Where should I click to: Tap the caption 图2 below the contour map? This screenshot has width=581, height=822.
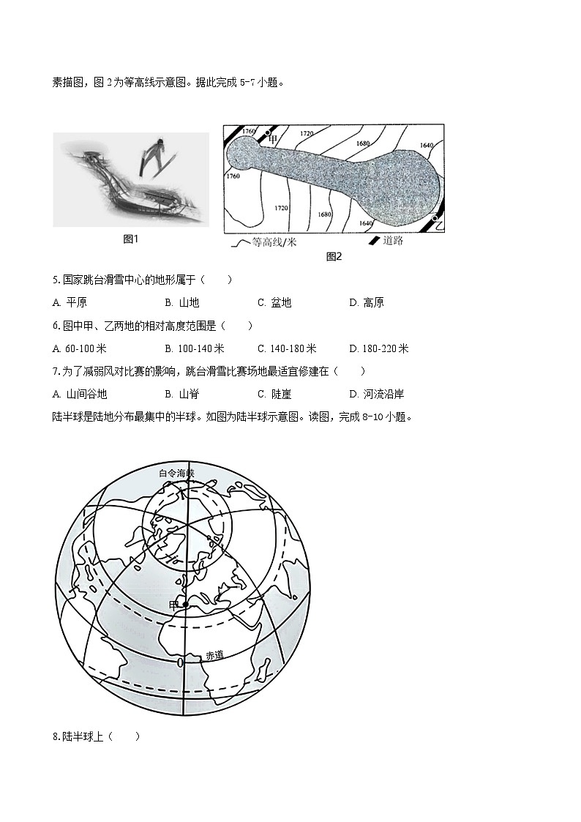coord(334,256)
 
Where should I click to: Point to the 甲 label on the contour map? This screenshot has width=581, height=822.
coord(274,138)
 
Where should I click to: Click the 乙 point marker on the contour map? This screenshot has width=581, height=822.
coord(435,218)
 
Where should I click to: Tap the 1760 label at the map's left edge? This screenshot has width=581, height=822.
coord(233,176)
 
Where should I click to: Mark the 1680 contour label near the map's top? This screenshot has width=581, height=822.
coord(363,143)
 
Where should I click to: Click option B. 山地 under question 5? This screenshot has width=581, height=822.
coord(182,302)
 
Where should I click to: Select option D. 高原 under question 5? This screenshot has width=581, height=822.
coord(367,302)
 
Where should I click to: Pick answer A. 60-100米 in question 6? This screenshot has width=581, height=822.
coord(80,348)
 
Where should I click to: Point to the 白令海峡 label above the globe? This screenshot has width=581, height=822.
coord(177,473)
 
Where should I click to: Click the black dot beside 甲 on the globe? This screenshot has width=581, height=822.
coord(186,605)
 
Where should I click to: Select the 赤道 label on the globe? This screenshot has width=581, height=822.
coord(217,655)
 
